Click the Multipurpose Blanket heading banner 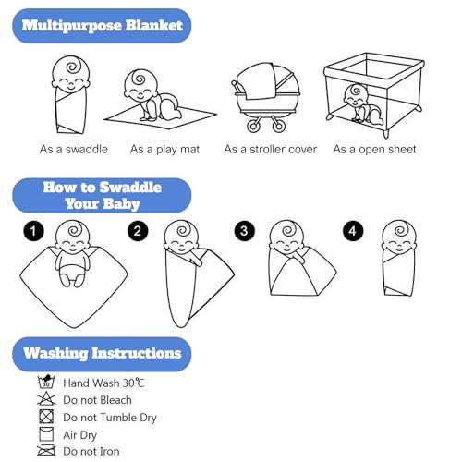[102, 26]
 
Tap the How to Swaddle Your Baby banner [102, 195]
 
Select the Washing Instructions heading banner [102, 354]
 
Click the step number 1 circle [33, 231]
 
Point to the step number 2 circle [138, 231]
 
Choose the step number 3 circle [244, 231]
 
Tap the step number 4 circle [353, 231]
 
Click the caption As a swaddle [74, 150]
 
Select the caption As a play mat [164, 150]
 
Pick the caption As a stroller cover [270, 150]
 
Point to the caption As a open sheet [374, 150]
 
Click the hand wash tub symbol [46, 382]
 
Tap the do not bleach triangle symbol [46, 399]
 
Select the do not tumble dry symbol [46, 417]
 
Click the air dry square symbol [46, 434]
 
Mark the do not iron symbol [46, 451]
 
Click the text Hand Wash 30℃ [103, 383]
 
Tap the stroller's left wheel [254, 126]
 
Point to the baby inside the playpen [363, 103]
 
